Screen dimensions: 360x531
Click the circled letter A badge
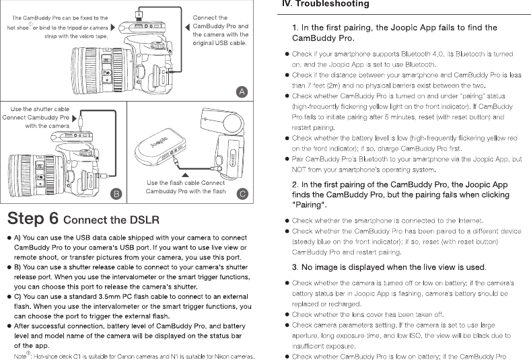[241, 92]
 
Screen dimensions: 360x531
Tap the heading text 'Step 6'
[34, 219]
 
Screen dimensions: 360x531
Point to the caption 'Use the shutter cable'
[40, 108]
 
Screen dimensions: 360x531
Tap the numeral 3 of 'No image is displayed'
[295, 267]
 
